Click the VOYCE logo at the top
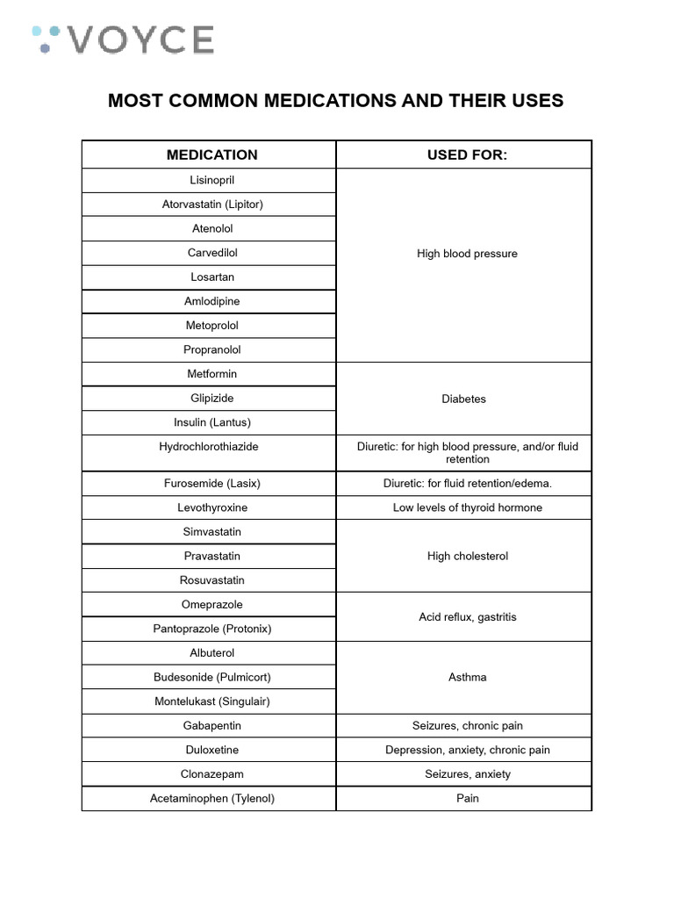pos(123,40)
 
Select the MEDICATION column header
pos(212,155)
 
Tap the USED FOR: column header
pos(467,155)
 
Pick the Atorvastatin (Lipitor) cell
pos(212,205)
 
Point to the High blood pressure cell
pos(467,254)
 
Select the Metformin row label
pos(212,374)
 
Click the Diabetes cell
pos(463,399)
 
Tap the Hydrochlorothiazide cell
pos(209,447)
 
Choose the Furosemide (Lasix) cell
pos(212,484)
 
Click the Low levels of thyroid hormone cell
pos(467,507)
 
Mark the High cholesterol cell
pos(467,556)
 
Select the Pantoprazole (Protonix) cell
pos(212,629)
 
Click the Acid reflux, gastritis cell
pos(467,617)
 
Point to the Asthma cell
pos(467,677)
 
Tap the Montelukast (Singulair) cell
pos(212,701)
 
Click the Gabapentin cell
pos(212,726)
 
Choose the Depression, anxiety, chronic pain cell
pos(467,750)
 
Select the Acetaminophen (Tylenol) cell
pos(212,798)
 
